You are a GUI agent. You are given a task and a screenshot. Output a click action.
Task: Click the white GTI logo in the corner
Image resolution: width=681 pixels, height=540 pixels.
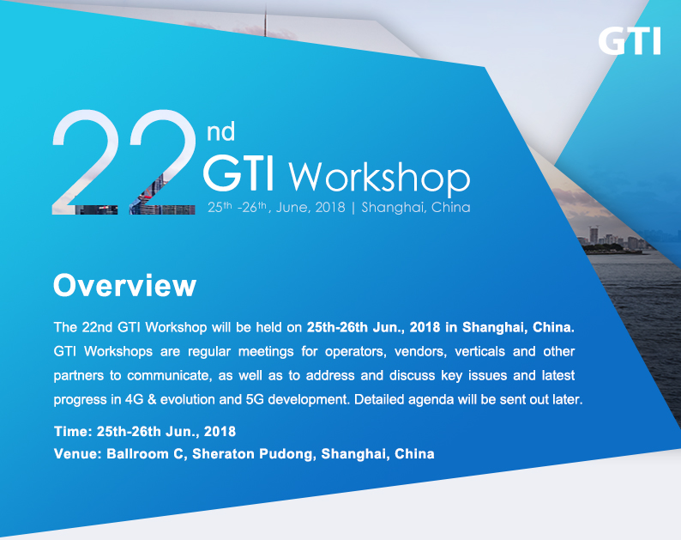click(630, 41)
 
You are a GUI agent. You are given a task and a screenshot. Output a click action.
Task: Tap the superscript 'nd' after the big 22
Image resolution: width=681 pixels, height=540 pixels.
click(220, 130)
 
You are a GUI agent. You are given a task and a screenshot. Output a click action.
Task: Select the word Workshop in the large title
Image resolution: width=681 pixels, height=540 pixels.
click(379, 177)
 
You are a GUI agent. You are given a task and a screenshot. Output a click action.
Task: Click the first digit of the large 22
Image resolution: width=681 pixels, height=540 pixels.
click(85, 161)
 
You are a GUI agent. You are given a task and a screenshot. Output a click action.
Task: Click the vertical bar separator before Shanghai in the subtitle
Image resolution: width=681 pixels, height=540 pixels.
click(353, 208)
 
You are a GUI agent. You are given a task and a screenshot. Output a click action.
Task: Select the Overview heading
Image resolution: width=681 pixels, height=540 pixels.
click(124, 286)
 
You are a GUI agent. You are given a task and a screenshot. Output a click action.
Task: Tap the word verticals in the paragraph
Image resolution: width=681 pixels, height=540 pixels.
click(480, 351)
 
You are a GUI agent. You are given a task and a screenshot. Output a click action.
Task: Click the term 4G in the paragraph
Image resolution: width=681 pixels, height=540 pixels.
click(134, 399)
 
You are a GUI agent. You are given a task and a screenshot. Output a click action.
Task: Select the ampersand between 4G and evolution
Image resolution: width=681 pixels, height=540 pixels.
click(152, 399)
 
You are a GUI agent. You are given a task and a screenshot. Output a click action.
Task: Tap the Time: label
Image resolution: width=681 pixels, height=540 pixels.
click(73, 431)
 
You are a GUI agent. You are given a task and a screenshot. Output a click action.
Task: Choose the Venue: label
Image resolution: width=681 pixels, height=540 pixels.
click(78, 454)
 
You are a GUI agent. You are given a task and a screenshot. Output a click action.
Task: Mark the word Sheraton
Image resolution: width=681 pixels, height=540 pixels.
click(223, 454)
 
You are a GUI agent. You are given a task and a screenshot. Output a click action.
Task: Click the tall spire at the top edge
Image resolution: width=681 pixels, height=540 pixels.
click(265, 20)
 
